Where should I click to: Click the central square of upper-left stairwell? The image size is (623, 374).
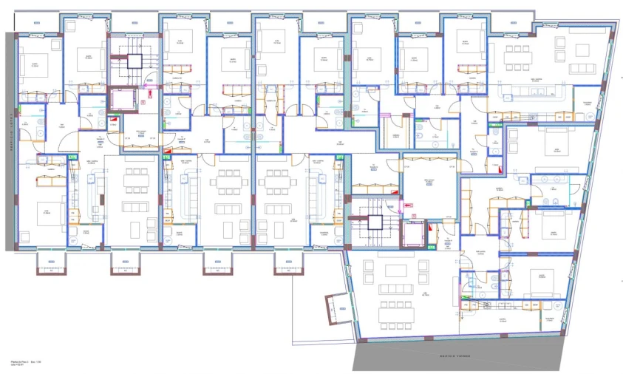[x=135, y=60]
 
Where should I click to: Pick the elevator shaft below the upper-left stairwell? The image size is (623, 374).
[x=123, y=99]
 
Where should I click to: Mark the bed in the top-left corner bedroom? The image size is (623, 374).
[x=33, y=62]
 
